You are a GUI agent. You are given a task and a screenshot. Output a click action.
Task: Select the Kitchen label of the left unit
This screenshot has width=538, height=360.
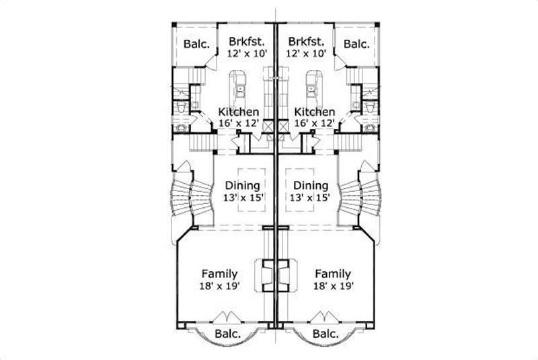238,112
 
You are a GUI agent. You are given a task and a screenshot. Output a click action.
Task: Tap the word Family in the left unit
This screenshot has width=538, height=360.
219,274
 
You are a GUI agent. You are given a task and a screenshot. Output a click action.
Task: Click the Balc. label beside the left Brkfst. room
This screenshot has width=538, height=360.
196,44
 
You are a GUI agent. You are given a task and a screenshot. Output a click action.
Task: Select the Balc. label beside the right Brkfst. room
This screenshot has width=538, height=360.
356,44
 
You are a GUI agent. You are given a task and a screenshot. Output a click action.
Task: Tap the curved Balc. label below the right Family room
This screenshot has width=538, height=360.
325,334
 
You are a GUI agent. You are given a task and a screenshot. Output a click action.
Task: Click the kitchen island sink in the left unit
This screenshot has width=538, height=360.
239,86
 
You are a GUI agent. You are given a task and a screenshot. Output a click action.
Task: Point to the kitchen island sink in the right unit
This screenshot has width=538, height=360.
311,86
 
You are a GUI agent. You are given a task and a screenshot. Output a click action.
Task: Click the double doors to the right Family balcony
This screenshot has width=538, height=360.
324,317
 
